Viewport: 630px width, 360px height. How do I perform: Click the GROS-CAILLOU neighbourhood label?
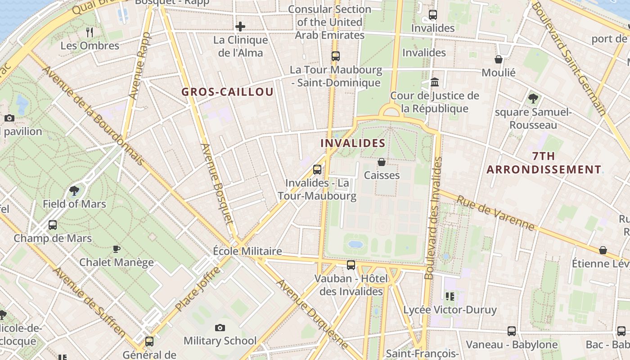[227, 92]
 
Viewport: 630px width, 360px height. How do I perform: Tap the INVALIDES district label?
[353, 143]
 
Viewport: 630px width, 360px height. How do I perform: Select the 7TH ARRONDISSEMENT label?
[544, 163]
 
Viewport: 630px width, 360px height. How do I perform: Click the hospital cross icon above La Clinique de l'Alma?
[240, 27]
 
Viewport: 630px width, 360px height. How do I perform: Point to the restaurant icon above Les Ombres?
[90, 32]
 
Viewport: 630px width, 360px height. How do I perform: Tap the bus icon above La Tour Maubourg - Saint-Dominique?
[336, 56]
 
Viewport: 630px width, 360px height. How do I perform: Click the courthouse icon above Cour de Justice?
[435, 82]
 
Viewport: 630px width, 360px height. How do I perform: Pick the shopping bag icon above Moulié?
[499, 59]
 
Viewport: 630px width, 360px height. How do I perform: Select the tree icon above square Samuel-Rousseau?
[533, 99]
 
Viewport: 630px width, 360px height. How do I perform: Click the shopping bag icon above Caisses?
[382, 162]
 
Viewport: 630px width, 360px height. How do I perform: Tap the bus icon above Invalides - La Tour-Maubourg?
[317, 170]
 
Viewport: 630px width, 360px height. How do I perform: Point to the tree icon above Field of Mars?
[74, 191]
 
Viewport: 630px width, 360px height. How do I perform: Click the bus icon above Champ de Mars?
[53, 225]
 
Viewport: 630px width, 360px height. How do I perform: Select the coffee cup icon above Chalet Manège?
[117, 249]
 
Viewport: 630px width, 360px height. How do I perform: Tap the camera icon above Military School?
[220, 328]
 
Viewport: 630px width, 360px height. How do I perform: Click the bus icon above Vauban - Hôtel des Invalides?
[351, 265]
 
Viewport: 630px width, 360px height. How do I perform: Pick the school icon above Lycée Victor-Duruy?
[450, 296]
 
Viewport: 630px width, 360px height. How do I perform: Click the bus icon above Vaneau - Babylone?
[512, 331]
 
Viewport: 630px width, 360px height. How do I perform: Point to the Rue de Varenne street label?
[495, 213]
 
